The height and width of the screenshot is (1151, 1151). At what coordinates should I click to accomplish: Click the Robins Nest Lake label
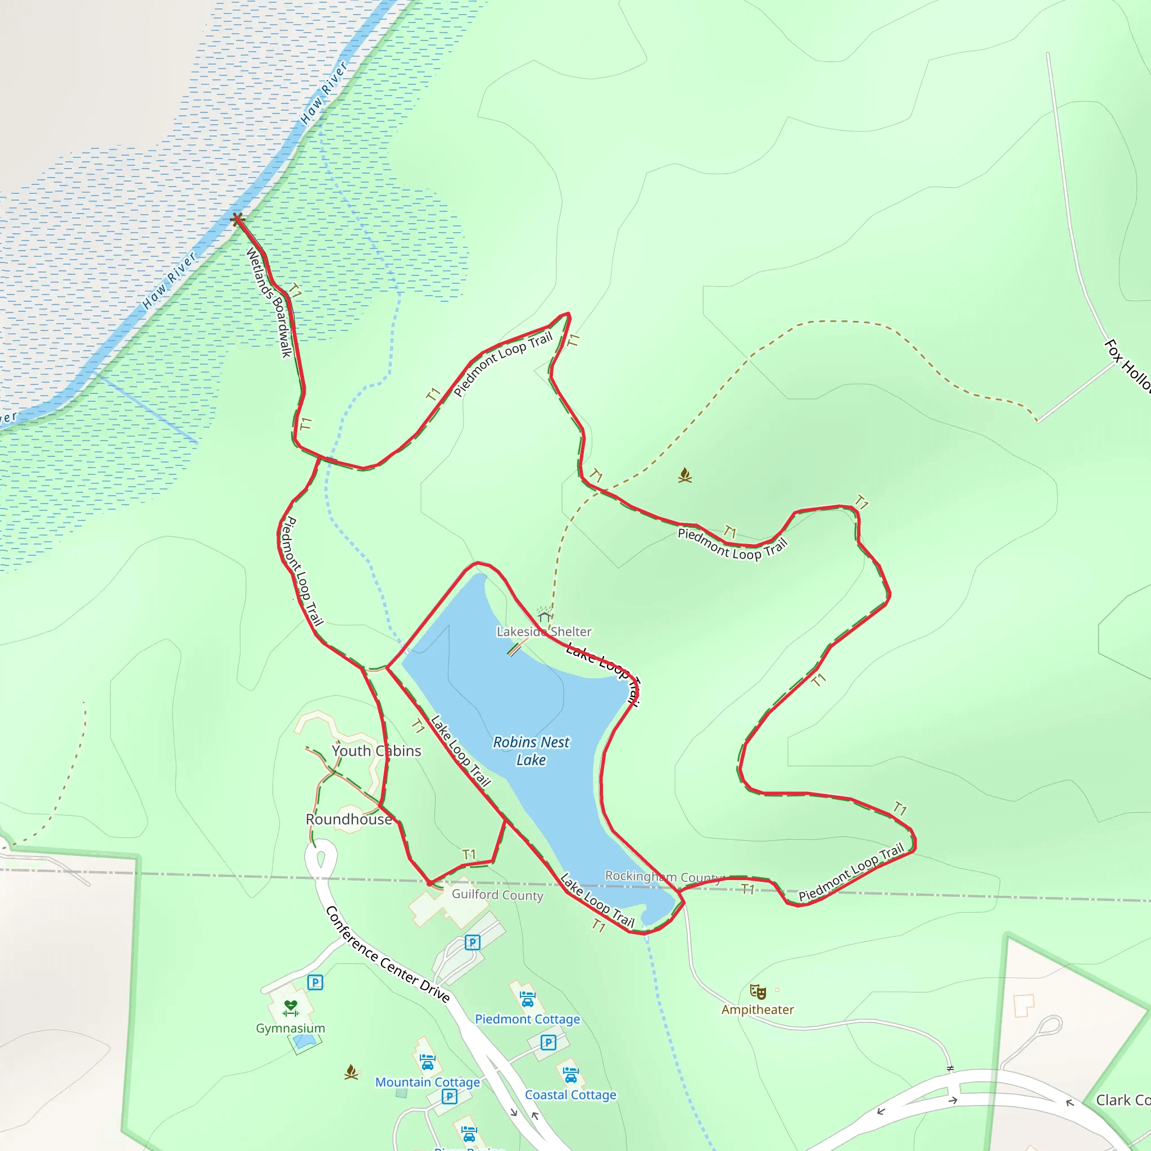coord(531,751)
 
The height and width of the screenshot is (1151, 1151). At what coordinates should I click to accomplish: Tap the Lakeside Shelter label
coord(544,632)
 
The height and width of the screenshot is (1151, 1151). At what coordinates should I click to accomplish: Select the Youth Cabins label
coord(377,751)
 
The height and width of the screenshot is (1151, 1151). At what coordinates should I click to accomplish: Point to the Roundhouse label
coord(348,819)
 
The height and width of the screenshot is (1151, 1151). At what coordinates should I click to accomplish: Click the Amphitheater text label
coord(757,1009)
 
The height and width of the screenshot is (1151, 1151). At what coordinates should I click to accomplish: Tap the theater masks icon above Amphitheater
coord(758,991)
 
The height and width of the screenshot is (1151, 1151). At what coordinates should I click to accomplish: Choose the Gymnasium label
coord(290,1028)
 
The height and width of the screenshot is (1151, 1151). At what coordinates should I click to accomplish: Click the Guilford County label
coord(497,895)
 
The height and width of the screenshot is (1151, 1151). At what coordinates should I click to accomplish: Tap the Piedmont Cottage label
coord(527,1019)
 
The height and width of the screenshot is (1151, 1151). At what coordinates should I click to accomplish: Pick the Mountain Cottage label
coord(427,1082)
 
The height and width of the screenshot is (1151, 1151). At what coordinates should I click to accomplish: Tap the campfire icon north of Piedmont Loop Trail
coord(685,475)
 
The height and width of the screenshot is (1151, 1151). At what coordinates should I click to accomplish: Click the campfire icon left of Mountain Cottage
coord(351,1072)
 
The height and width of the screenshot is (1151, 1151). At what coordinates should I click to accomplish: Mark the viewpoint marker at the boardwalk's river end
coord(238,219)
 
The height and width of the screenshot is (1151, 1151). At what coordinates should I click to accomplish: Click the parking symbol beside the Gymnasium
coord(315,982)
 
